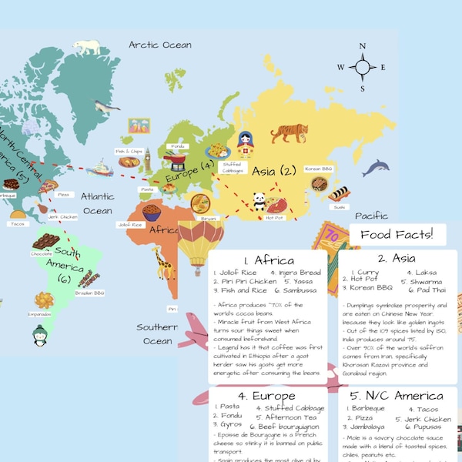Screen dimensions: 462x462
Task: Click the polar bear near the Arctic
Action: click(x=88, y=48)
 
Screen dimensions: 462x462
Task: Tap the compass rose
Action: click(x=361, y=67)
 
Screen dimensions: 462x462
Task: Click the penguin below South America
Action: click(x=40, y=333)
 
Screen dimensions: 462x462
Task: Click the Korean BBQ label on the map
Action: click(x=317, y=168)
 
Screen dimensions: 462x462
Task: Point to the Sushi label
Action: click(x=340, y=207)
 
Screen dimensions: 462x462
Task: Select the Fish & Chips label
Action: click(x=129, y=151)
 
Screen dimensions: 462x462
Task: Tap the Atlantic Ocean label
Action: click(x=98, y=203)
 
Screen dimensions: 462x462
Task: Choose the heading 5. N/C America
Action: click(x=397, y=396)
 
